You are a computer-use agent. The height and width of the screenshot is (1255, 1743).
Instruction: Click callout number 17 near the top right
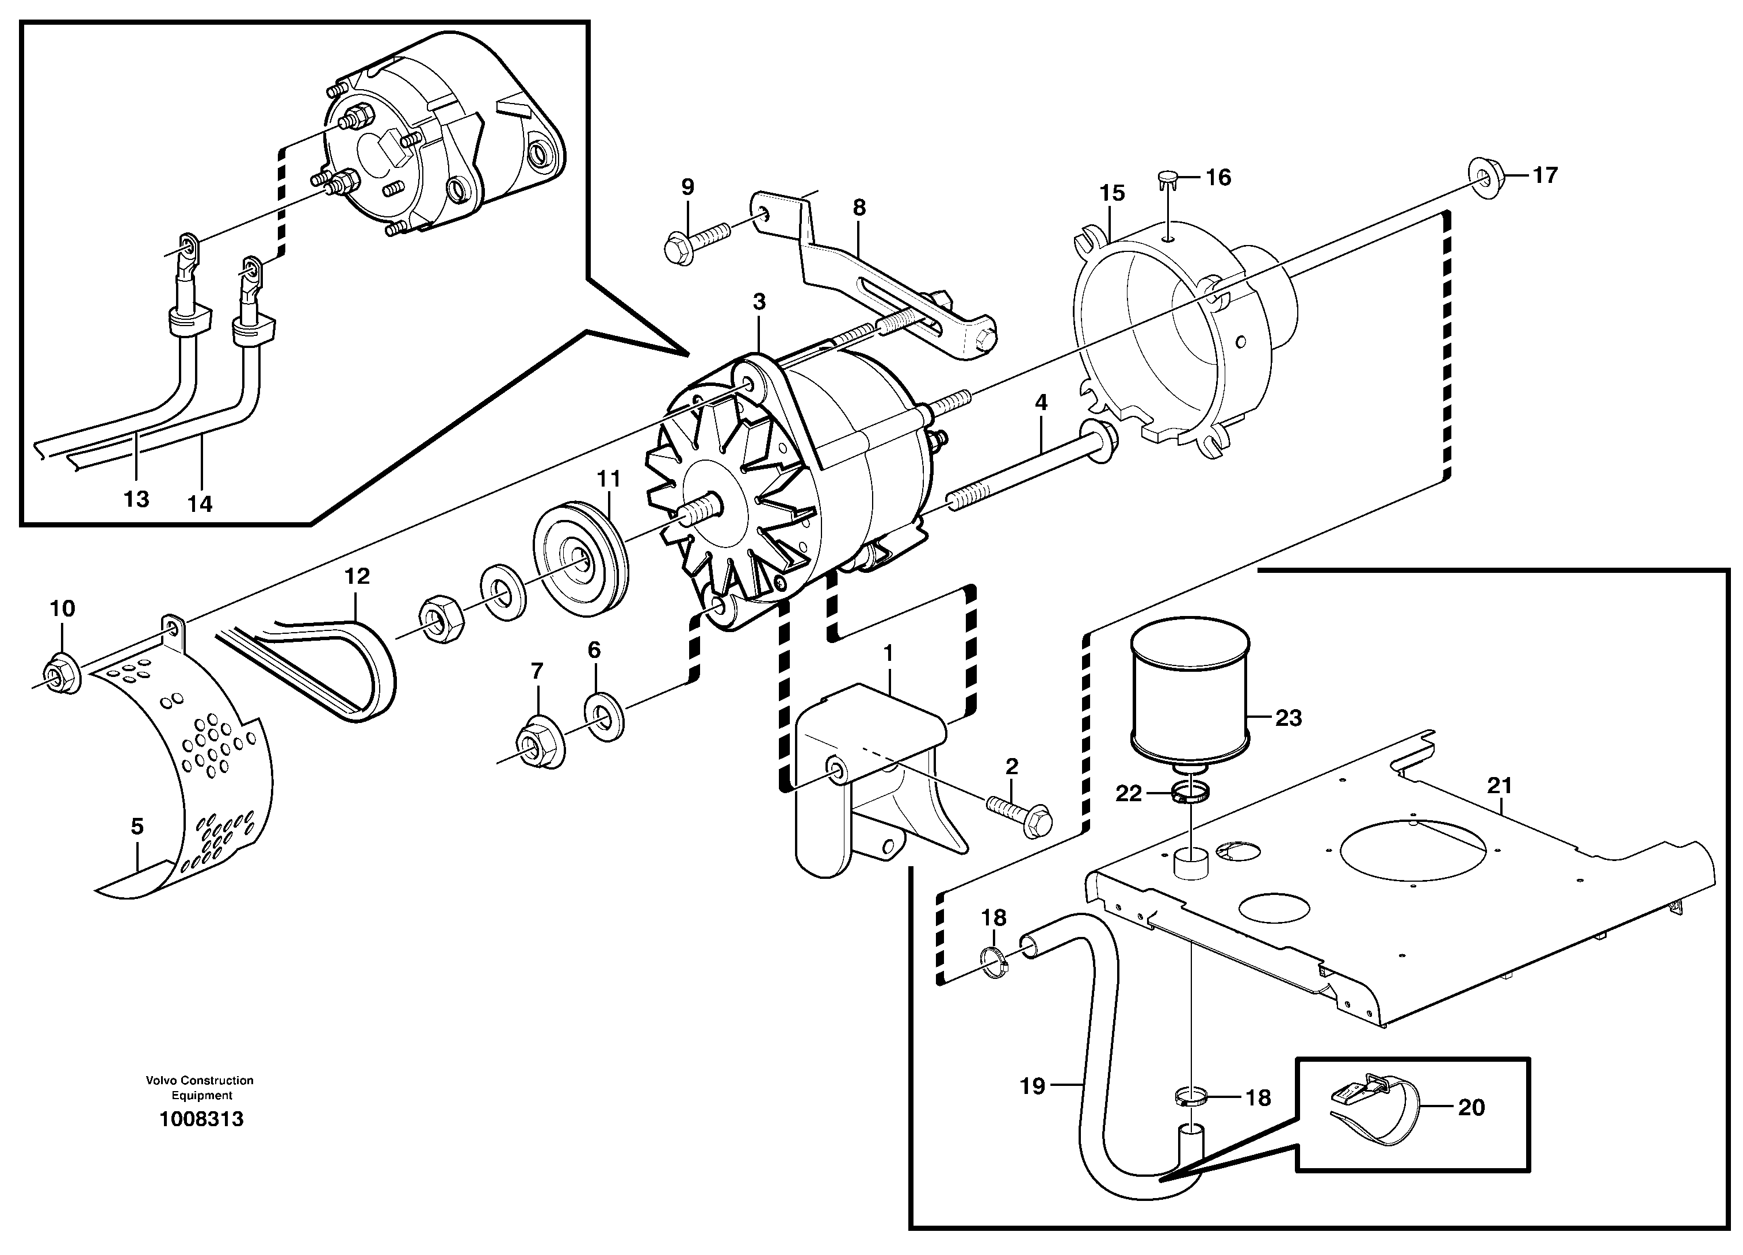[1545, 175]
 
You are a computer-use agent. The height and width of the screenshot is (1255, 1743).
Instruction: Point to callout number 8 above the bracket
[859, 208]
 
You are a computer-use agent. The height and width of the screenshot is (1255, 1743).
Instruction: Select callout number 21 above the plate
[1499, 786]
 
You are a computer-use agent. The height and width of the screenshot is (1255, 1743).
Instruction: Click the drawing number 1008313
[201, 1119]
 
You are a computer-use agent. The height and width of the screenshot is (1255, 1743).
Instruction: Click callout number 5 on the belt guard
[137, 827]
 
